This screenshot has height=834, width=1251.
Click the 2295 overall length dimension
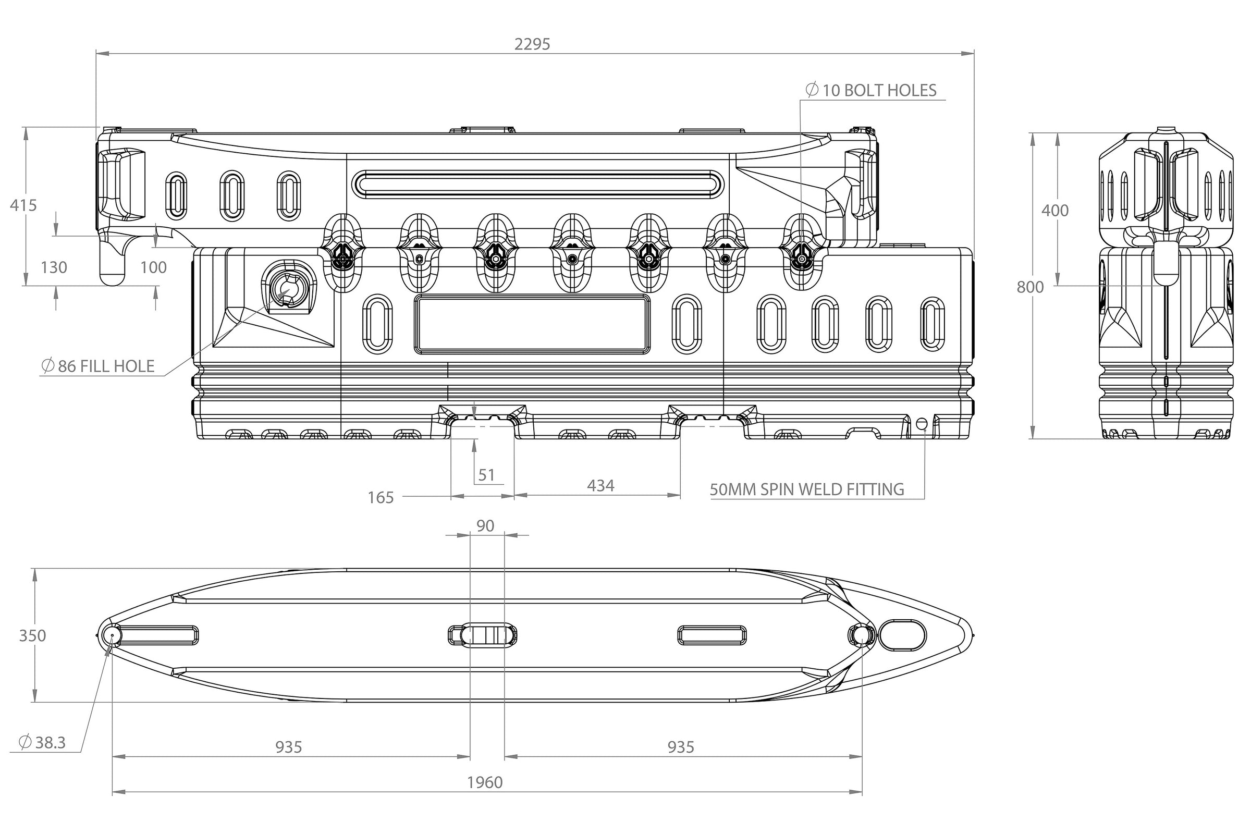tap(532, 44)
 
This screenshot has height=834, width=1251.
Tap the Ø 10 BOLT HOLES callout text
tap(872, 90)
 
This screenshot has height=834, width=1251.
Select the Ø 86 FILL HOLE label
tap(99, 366)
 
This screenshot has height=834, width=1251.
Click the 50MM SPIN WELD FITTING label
tap(807, 489)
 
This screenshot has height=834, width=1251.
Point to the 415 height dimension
tap(23, 205)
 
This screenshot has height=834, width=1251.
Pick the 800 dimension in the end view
tap(1031, 287)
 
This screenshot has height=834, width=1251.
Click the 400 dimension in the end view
tap(1054, 211)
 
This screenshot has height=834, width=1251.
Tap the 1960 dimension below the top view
tap(485, 782)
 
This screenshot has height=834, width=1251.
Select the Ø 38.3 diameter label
tap(43, 742)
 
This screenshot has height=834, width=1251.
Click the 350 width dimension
tap(32, 635)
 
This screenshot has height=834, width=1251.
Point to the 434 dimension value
tap(600, 486)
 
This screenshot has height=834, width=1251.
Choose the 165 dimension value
tap(381, 498)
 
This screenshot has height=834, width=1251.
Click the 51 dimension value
tap(486, 475)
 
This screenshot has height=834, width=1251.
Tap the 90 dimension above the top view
tap(485, 526)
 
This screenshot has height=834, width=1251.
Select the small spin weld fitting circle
tap(922, 424)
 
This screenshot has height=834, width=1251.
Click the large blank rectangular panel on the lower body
tap(532, 324)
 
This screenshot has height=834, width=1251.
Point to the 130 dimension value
tap(54, 267)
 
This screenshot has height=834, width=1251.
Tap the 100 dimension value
tap(153, 267)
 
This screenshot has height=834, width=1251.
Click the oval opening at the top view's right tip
tap(902, 634)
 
